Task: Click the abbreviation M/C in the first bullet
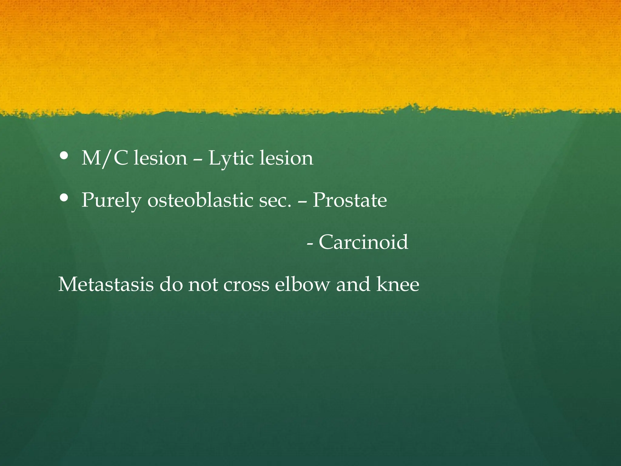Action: [105, 158]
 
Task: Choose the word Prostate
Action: [350, 200]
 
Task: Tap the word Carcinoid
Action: [363, 242]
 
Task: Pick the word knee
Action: [398, 284]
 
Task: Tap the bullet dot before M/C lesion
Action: [64, 156]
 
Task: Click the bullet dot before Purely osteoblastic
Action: [64, 198]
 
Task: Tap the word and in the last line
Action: [353, 284]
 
